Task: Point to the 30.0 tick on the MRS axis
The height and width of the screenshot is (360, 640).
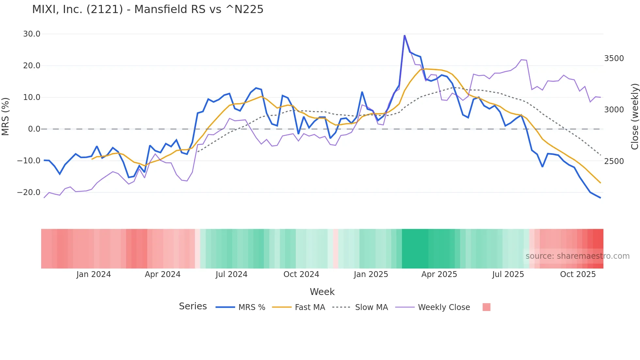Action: [32, 34]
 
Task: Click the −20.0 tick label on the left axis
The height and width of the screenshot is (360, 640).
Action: [29, 192]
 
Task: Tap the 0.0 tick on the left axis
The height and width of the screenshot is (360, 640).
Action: [34, 129]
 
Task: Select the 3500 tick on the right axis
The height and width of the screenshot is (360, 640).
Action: [614, 58]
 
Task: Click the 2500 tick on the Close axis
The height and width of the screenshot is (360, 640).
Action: [614, 161]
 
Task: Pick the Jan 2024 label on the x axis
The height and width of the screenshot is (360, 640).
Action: [94, 274]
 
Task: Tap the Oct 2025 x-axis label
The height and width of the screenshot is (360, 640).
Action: [578, 274]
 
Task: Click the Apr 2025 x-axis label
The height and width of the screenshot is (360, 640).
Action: [439, 274]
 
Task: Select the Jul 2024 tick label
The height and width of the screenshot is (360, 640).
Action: [232, 274]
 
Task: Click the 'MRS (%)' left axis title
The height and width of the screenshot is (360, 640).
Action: [6, 116]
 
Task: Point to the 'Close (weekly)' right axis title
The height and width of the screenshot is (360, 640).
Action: [634, 117]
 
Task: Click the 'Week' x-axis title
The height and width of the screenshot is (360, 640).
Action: [322, 292]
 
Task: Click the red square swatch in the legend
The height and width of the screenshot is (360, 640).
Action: [486, 307]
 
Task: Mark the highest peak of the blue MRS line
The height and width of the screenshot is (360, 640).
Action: [405, 35]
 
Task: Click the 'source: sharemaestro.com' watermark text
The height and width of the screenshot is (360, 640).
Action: [577, 256]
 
